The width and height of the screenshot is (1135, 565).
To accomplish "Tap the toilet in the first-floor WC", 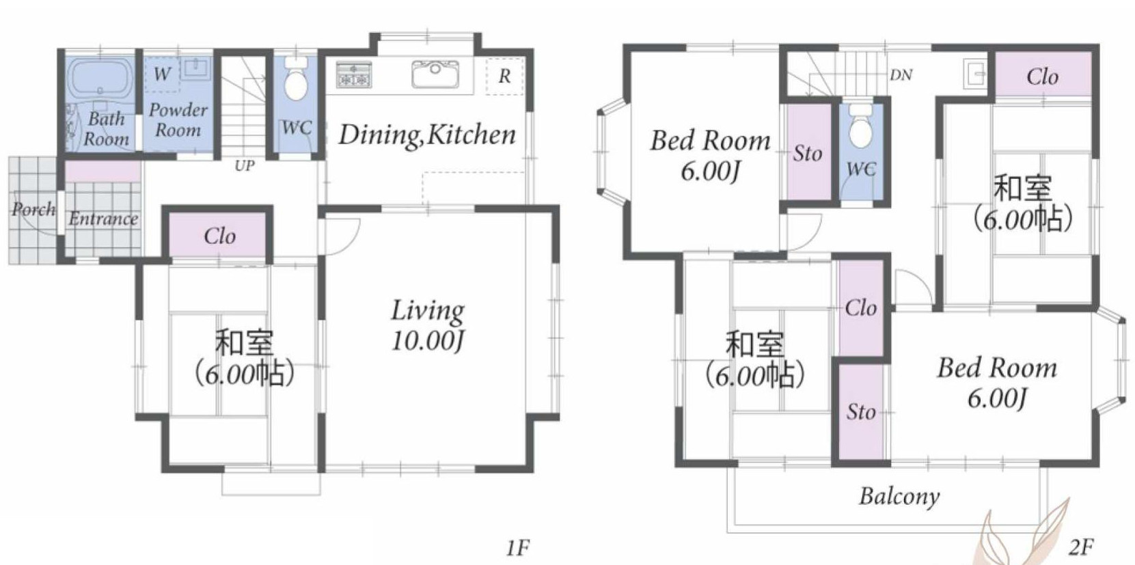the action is coord(296,79).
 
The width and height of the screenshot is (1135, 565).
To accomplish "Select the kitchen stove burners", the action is coord(354,75).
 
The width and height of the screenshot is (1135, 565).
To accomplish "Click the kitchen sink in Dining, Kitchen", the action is coord(435,74).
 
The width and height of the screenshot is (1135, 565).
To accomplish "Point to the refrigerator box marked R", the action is coord(504,76).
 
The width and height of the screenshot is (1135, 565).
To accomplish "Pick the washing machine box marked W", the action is coord(162,74).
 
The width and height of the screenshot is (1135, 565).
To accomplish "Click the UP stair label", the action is coord(244,166).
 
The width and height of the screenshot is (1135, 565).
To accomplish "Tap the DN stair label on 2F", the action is coord(901,76).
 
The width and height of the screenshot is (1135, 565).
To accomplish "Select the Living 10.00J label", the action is coord(428,325).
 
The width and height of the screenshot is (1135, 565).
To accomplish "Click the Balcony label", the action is coord(899,496).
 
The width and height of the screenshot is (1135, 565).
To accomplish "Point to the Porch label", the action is coord(33,209).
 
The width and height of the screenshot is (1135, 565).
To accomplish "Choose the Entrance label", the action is coord(103,219).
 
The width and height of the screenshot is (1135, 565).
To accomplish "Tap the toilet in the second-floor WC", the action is coord(860,126).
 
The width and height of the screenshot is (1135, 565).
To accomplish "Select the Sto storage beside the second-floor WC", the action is coord(808,152).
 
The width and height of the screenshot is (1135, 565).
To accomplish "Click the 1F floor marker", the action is coord(518,548).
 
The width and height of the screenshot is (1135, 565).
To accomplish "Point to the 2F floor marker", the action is coord(1081,548).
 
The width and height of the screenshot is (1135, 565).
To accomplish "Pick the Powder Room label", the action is coord(178,120).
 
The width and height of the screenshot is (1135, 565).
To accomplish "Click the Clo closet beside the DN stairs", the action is coord(1043,75).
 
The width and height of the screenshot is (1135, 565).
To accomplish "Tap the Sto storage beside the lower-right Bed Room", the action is coord(860,411).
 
